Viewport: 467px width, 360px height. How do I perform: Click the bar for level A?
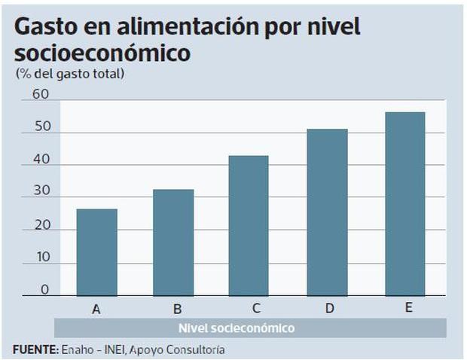click(x=96, y=252)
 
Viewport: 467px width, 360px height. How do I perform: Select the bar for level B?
click(x=173, y=243)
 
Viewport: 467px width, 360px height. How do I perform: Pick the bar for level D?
click(x=328, y=212)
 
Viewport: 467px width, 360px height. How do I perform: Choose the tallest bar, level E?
click(x=405, y=203)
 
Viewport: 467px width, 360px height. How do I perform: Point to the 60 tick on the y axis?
click(x=40, y=95)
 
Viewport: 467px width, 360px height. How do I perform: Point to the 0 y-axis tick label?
click(x=44, y=289)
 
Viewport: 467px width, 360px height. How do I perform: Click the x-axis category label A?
click(x=96, y=308)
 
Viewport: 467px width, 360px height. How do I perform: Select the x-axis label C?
click(x=256, y=308)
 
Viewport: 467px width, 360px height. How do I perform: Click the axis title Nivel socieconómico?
click(x=237, y=328)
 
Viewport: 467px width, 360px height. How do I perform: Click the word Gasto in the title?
click(x=47, y=28)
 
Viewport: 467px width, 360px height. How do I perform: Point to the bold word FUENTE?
click(x=35, y=350)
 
